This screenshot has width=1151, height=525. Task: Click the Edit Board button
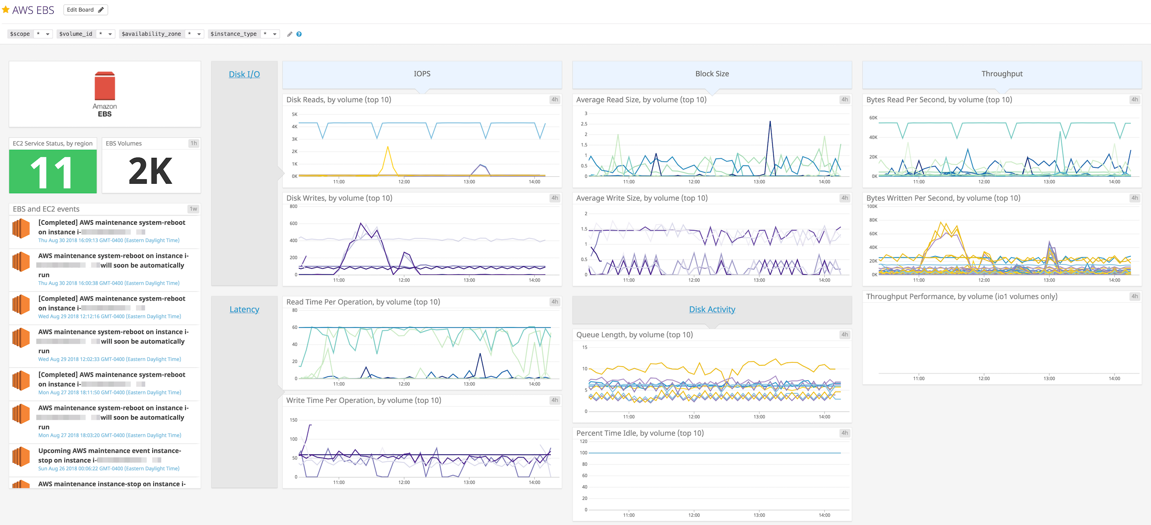pyautogui.click(x=86, y=10)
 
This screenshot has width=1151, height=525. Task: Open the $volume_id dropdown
pyautogui.click(x=110, y=34)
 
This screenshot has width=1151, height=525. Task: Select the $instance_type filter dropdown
pyautogui.click(x=274, y=34)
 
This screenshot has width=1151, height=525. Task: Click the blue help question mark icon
pyautogui.click(x=299, y=34)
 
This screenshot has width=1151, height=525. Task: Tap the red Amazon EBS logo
pyautogui.click(x=104, y=86)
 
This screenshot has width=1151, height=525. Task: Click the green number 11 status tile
pyautogui.click(x=53, y=171)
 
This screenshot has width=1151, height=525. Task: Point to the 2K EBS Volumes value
pyautogui.click(x=150, y=171)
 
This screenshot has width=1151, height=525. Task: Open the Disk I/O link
pyautogui.click(x=244, y=74)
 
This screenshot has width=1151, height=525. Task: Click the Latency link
pyautogui.click(x=244, y=309)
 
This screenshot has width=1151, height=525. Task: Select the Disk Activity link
pyautogui.click(x=712, y=309)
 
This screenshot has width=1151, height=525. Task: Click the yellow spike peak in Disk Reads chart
pyautogui.click(x=387, y=147)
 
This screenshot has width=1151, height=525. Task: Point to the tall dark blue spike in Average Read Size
pyautogui.click(x=770, y=121)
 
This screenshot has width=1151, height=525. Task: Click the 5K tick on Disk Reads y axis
pyautogui.click(x=294, y=114)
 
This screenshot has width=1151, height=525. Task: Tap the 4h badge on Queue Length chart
pyautogui.click(x=844, y=334)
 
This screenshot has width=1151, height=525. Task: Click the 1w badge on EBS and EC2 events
pyautogui.click(x=193, y=209)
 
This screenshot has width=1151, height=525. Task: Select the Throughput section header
pyautogui.click(x=1001, y=74)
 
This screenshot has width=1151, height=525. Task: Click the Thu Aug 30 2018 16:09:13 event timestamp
pyautogui.click(x=109, y=240)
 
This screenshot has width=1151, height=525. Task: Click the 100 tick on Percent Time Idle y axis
pyautogui.click(x=583, y=453)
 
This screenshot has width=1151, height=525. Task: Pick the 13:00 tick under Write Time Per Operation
pyautogui.click(x=469, y=482)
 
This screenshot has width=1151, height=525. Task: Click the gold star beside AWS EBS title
pyautogui.click(x=6, y=9)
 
